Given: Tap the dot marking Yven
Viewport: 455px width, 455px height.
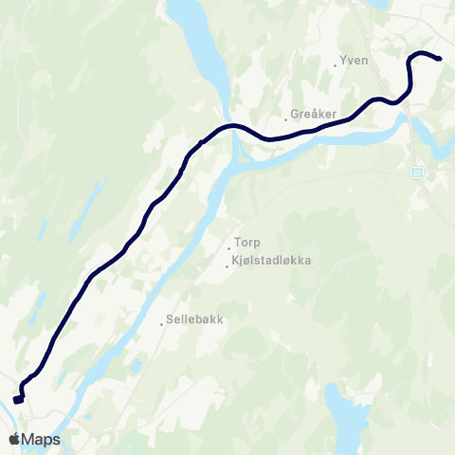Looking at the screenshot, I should pos(336,65).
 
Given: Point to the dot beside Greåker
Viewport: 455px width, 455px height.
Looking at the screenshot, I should pos(285,119).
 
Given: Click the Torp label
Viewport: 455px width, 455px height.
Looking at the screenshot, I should pos(248,243).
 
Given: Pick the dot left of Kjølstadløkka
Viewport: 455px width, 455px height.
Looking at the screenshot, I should pos(226,265).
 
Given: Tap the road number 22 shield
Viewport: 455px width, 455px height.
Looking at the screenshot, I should pos(417,172).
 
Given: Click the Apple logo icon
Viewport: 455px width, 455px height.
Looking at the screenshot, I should pos(14,440).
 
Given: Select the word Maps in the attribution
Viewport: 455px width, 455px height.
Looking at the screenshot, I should pos(42,440).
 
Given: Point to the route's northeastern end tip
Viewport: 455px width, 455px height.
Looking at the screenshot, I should pos(440,59).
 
